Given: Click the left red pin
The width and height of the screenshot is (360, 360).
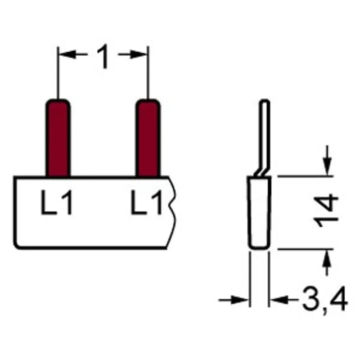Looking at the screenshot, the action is pyautogui.click(x=58, y=138).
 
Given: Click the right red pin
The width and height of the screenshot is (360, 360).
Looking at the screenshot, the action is pyautogui.click(x=148, y=138).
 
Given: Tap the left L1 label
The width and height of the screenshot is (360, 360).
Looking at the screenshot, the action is pyautogui.click(x=57, y=202).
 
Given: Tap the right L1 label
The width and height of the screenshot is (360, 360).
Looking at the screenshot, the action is pyautogui.click(x=147, y=202).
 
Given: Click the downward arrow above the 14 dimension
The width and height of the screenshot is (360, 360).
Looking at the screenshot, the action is pyautogui.click(x=328, y=161).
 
